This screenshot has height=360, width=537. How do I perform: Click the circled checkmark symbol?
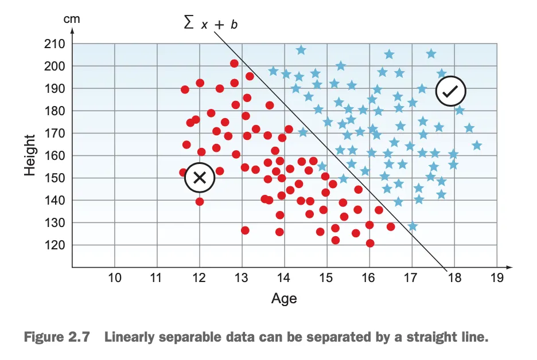click(450, 91)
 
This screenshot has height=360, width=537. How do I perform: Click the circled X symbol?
click(200, 178)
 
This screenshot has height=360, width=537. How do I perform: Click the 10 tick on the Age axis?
click(115, 278)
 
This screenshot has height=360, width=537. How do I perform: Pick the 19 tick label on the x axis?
click(497, 278)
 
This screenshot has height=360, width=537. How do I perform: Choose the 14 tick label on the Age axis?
click(284, 278)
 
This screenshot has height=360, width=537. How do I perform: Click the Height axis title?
click(30, 155)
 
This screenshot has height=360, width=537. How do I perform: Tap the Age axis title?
click(284, 299)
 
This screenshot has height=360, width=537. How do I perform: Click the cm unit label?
click(72, 19)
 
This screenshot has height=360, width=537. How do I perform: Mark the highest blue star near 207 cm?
click(301, 50)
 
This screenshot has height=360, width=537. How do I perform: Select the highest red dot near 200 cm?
click(234, 64)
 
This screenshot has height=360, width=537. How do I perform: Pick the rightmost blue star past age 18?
click(477, 146)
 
